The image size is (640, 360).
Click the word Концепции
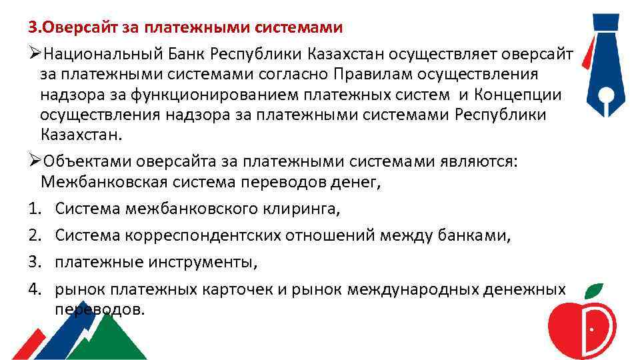[x=519, y=95]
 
